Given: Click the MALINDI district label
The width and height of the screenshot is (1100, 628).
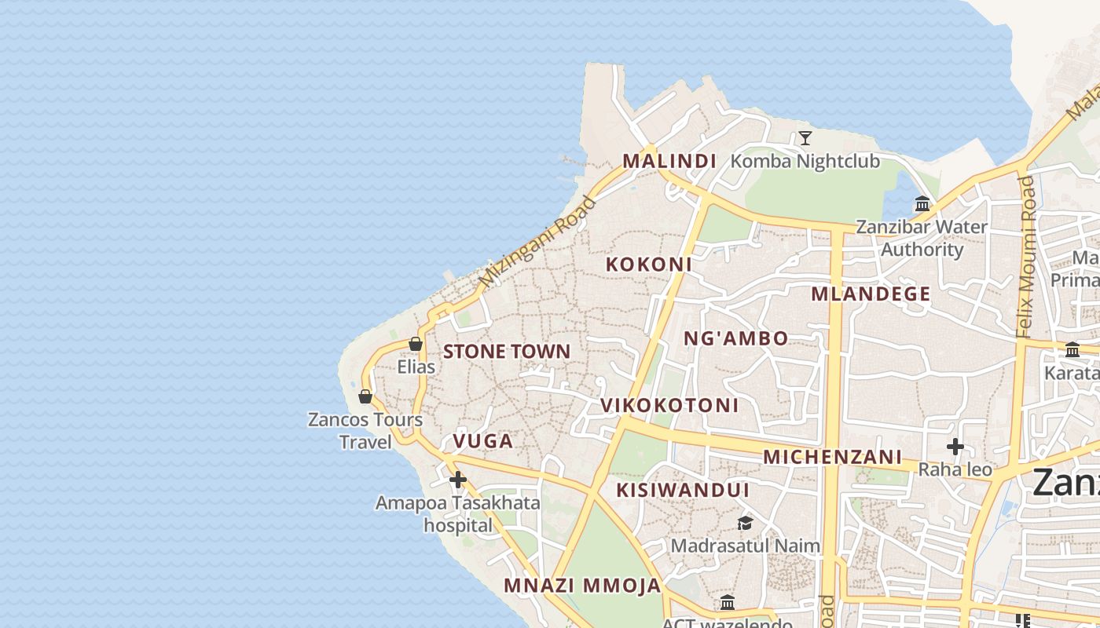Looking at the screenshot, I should [669, 161].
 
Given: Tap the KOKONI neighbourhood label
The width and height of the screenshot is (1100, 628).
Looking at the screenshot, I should [648, 265].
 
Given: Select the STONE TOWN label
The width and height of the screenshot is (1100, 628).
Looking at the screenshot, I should [507, 351].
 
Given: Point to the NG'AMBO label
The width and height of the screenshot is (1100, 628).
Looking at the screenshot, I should [735, 338].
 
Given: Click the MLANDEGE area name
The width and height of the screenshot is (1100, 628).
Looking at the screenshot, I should [871, 294].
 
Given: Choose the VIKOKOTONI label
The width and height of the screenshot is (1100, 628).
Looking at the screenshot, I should [669, 405].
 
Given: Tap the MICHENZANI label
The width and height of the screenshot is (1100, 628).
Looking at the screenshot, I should [832, 457].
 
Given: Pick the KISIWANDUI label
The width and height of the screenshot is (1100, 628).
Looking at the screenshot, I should [683, 490].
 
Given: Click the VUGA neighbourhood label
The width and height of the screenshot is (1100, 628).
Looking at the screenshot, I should [483, 441].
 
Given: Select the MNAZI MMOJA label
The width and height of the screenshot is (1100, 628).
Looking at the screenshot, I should [582, 586].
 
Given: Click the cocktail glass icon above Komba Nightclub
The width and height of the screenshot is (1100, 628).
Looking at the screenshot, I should [805, 139].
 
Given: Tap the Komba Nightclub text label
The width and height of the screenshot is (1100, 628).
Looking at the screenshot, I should [805, 162].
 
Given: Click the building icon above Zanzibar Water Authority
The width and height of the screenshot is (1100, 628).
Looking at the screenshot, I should [922, 205].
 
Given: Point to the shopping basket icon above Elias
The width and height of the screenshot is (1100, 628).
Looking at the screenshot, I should [416, 344].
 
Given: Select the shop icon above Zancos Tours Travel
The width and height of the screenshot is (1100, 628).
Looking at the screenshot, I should [365, 396].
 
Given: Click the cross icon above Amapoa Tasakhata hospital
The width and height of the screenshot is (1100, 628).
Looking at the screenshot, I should [458, 479].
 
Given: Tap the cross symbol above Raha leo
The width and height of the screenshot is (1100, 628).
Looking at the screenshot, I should [955, 447].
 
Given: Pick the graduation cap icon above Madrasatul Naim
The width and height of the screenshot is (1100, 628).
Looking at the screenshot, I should [744, 523].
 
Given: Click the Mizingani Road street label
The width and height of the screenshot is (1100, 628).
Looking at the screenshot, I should [537, 242].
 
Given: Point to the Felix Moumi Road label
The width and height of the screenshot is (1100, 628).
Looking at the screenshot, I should [1026, 257].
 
